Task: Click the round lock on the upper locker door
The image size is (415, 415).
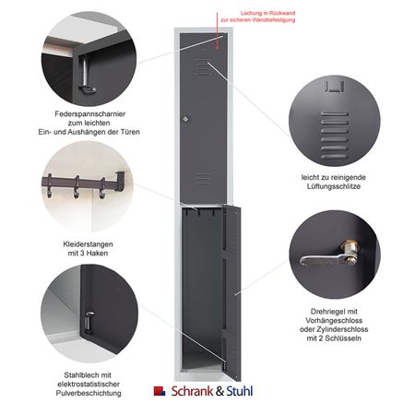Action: (185, 119)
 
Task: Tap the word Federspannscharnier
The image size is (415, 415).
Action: (90, 114)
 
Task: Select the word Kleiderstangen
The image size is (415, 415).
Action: (88, 244)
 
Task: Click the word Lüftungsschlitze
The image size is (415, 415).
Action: (334, 186)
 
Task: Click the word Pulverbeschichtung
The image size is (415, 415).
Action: (89, 393)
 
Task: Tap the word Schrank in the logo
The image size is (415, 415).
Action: (192, 391)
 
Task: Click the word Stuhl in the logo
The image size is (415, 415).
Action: (240, 391)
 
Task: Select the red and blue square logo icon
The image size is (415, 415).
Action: (160, 391)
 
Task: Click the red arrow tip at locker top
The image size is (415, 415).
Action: (217, 49)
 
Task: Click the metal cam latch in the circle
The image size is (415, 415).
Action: (329, 255)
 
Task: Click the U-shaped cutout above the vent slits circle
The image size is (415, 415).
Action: (335, 87)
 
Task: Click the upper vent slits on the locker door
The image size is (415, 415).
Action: (203, 67)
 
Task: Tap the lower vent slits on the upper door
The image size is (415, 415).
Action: (203, 179)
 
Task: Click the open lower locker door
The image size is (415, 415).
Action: (231, 292)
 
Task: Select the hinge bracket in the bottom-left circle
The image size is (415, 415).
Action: (89, 323)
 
